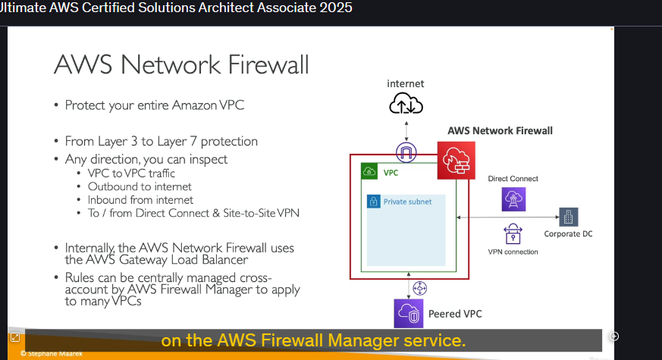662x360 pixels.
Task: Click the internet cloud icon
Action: pyautogui.click(x=406, y=103)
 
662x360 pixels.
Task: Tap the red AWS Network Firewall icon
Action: pyautogui.click(x=456, y=161)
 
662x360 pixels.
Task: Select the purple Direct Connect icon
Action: pyautogui.click(x=513, y=199)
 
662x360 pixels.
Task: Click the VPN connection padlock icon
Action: pyautogui.click(x=513, y=234)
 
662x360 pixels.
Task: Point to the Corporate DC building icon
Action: pyautogui.click(x=568, y=217)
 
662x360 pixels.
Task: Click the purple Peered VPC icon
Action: pyautogui.click(x=408, y=314)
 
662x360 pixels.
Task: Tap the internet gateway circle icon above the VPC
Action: pyautogui.click(x=406, y=152)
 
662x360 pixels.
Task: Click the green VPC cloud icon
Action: pyautogui.click(x=369, y=171)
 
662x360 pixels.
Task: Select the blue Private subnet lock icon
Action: pyautogui.click(x=374, y=202)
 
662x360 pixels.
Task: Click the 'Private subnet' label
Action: pyautogui.click(x=407, y=202)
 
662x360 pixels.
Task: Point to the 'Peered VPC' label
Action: pyautogui.click(x=455, y=314)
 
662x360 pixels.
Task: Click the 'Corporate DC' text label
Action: pyautogui.click(x=568, y=233)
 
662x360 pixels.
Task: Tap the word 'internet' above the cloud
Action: pyautogui.click(x=405, y=83)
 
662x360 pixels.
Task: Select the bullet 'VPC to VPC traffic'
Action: pyautogui.click(x=131, y=174)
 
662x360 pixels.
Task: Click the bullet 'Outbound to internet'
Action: pyautogui.click(x=140, y=186)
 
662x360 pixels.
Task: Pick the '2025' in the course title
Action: pyautogui.click(x=336, y=8)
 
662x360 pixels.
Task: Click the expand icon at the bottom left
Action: pyautogui.click(x=14, y=337)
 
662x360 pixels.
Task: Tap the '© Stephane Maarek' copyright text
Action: pyautogui.click(x=51, y=354)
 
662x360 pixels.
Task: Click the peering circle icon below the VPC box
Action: pyautogui.click(x=419, y=288)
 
